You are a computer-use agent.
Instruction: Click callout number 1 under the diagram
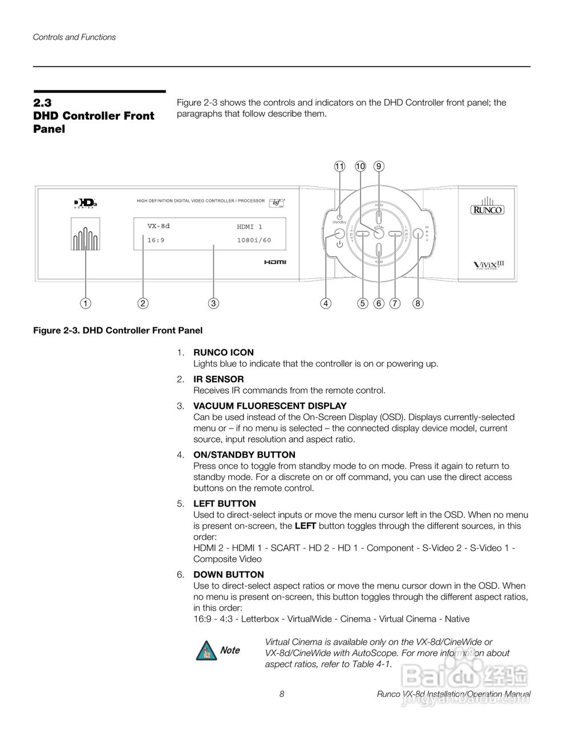[x=85, y=303]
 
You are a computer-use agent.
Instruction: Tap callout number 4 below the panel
[x=325, y=303]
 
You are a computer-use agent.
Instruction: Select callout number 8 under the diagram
[x=418, y=303]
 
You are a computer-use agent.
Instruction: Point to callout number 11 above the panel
[x=339, y=167]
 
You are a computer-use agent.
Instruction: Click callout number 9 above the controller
[x=379, y=167]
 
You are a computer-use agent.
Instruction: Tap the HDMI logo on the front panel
[x=275, y=262]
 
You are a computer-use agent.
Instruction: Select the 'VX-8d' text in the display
[x=159, y=226]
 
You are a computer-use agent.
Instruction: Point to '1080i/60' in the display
[x=254, y=240]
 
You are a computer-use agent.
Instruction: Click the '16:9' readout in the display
[x=156, y=240]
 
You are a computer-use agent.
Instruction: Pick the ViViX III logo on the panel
[x=489, y=265]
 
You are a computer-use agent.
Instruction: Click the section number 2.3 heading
[x=42, y=103]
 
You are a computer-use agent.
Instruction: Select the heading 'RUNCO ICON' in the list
[x=224, y=352]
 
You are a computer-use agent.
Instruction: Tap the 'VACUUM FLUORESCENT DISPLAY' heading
[x=270, y=406]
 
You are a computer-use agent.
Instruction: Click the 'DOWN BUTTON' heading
[x=229, y=574]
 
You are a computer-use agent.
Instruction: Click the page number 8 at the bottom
[x=282, y=694]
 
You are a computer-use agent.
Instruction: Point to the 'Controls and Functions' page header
[x=74, y=37]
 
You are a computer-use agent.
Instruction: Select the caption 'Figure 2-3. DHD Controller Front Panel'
[x=117, y=330]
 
